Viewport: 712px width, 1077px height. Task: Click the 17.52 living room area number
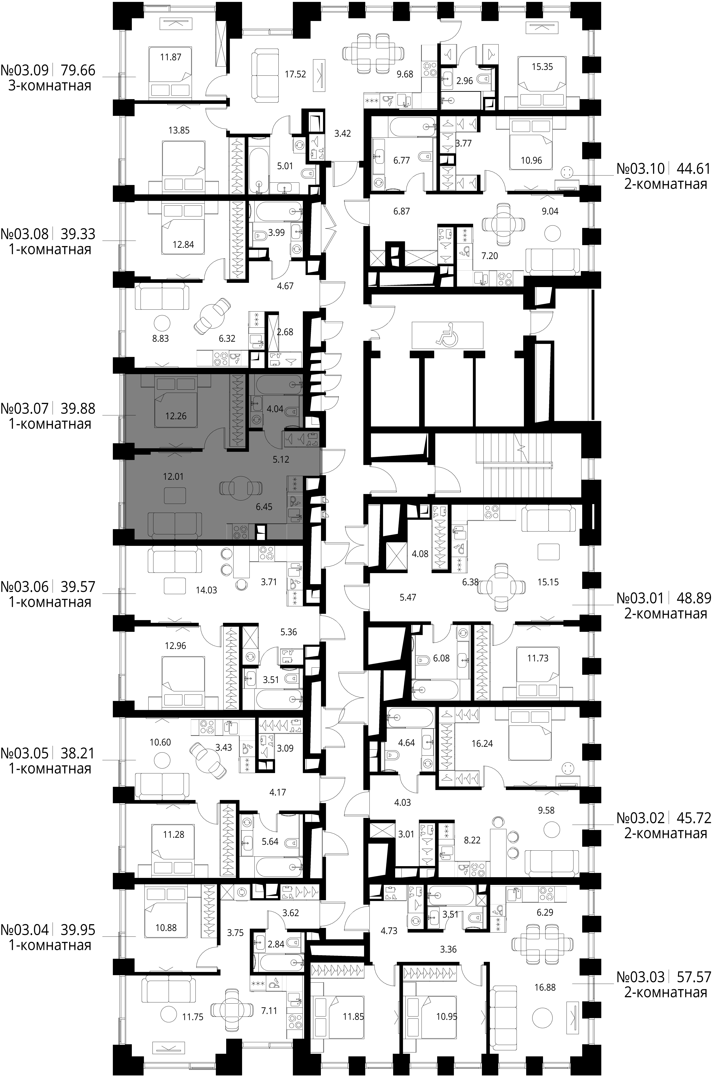[x=295, y=74]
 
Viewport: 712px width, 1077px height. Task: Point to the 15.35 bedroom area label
[x=542, y=67]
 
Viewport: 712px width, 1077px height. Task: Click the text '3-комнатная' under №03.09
[x=50, y=86]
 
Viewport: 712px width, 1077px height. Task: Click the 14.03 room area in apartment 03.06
[x=206, y=590]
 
